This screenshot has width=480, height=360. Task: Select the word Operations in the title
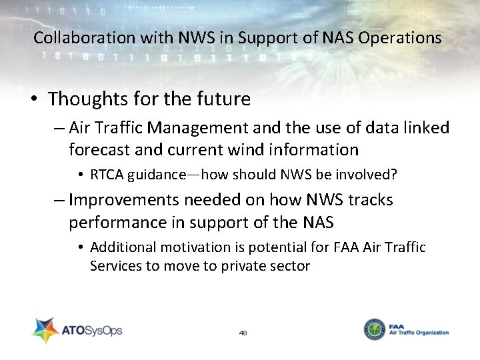coord(399,38)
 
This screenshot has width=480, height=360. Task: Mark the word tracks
coord(367,200)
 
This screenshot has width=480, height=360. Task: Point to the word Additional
coord(117,247)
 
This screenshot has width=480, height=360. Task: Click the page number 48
coord(243,332)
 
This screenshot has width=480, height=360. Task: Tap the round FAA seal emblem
coord(374,330)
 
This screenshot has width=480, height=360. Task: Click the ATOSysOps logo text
coord(93,330)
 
